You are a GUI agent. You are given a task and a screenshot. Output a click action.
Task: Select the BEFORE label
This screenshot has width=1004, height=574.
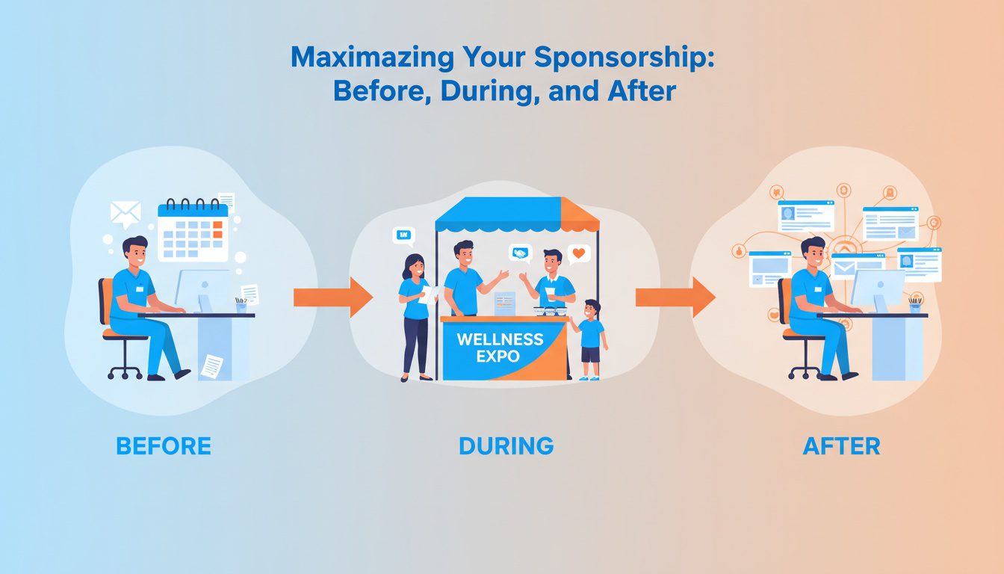click(164, 446)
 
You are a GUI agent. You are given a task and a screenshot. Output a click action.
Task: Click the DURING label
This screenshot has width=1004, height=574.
click(506, 446)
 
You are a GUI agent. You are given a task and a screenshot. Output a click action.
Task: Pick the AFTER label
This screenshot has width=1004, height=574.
click(841, 446)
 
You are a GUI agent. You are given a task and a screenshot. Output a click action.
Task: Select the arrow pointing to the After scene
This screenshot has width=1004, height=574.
click(675, 297)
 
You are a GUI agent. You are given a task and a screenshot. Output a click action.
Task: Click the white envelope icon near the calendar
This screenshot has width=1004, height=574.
click(125, 213)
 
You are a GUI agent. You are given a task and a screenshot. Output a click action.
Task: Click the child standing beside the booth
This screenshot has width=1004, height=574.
click(590, 340)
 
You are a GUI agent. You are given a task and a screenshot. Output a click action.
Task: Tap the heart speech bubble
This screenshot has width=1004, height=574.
click(577, 254)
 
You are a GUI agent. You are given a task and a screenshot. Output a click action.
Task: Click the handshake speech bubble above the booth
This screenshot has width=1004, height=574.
click(519, 253)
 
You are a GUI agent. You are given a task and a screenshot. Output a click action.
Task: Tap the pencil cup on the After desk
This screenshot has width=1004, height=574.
click(915, 306)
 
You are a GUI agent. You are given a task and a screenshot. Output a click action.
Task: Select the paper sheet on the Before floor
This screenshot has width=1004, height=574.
click(211, 366)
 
